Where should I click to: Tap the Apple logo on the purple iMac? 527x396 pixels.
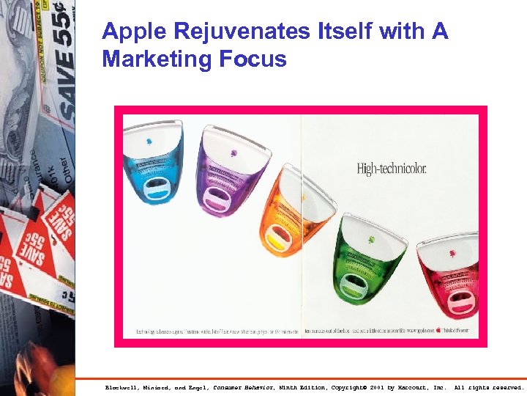233,153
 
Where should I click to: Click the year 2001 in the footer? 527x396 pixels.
378,387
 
